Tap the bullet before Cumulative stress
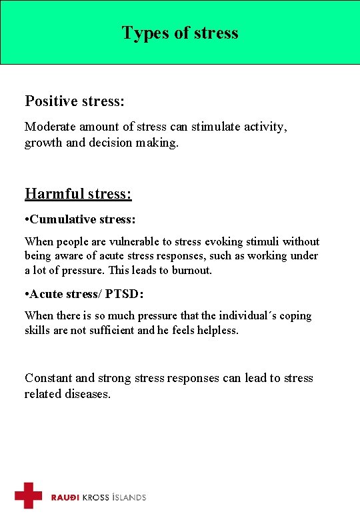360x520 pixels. pyautogui.click(x=27, y=219)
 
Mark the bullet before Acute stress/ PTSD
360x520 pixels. pyautogui.click(x=27, y=295)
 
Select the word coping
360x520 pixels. pyautogui.click(x=296, y=316)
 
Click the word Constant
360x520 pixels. pyautogui.click(x=49, y=378)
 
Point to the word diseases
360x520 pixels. pyautogui.click(x=87, y=394)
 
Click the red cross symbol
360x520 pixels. pyautogui.click(x=28, y=495)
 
